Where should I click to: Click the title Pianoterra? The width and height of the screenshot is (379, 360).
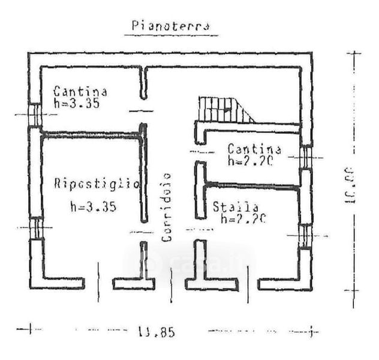[170, 27]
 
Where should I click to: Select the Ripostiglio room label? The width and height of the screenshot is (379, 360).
[97, 184]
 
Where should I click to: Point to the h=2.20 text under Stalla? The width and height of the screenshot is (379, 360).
[243, 220]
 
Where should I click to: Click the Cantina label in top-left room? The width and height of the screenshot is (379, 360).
[80, 92]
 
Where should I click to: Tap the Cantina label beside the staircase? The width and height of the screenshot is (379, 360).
[254, 148]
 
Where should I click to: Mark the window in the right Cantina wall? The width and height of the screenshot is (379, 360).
[305, 158]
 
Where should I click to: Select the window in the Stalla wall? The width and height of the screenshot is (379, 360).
[305, 236]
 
